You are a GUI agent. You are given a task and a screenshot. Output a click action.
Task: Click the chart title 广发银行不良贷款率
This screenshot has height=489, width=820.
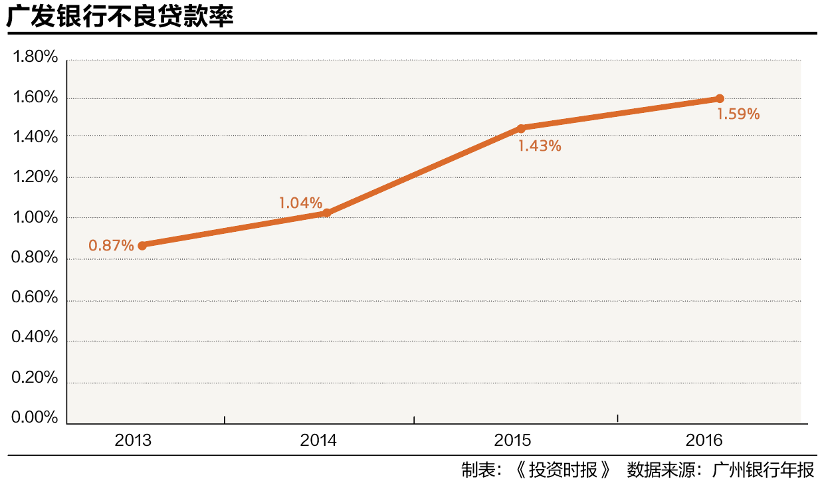click(x=120, y=17)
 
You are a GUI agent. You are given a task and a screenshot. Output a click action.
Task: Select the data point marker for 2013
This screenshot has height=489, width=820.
click(x=142, y=245)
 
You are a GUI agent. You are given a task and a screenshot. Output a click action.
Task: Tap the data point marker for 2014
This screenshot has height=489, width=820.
click(x=326, y=213)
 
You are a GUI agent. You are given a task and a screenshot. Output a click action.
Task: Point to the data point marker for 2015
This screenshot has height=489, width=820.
click(x=521, y=128)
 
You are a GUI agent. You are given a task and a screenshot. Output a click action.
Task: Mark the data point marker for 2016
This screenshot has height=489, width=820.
click(x=719, y=98)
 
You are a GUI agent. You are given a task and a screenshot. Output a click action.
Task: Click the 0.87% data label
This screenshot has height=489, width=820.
click(x=112, y=245)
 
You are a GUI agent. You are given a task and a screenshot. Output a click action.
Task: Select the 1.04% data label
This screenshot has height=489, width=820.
click(x=300, y=203)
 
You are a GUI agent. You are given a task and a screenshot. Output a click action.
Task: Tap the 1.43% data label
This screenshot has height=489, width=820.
click(x=540, y=146)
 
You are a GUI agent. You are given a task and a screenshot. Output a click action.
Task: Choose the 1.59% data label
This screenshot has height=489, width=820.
click(x=738, y=114)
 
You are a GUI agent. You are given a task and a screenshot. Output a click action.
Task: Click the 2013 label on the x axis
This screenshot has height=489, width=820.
click(x=133, y=440)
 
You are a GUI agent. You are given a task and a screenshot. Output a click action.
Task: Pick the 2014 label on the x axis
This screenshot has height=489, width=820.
click(x=318, y=440)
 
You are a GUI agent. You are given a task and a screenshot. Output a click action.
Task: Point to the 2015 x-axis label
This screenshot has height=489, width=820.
click(x=512, y=440)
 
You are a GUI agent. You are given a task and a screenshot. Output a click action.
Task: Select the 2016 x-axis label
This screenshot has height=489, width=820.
click(x=704, y=440)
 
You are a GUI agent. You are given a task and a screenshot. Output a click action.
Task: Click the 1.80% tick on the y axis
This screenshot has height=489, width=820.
click(x=35, y=58)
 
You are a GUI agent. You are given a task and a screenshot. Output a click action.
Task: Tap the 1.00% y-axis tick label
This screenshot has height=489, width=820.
click(x=35, y=218)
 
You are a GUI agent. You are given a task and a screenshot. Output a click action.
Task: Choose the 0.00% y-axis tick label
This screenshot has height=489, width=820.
click(x=35, y=418)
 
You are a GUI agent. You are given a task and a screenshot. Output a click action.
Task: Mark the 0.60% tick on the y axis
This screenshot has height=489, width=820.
click(x=35, y=298)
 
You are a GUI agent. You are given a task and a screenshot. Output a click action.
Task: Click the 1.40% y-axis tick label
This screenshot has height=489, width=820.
click(x=35, y=138)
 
